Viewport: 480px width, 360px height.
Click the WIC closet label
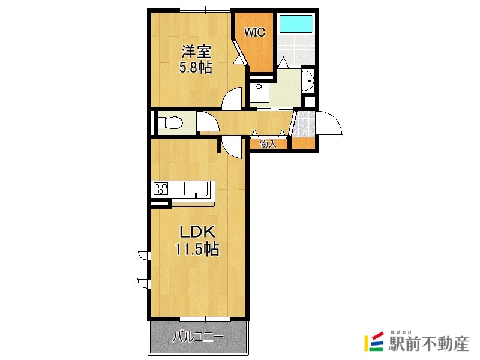pyautogui.click(x=254, y=32)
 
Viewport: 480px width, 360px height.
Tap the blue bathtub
pyautogui.click(x=296, y=23)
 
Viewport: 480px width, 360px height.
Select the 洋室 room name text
pyautogui.click(x=196, y=52)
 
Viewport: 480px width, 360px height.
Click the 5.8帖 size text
pyautogui.click(x=196, y=68)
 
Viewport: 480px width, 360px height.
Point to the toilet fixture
pyautogui.click(x=170, y=123)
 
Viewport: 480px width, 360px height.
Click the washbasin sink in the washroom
pyautogui.click(x=307, y=81)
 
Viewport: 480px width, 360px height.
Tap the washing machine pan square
pyautogui.click(x=259, y=93)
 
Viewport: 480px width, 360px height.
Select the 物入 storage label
pyautogui.click(x=268, y=143)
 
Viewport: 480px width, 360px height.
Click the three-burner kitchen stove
pyautogui.click(x=161, y=188)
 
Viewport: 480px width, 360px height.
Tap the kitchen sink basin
pyautogui.click(x=196, y=188)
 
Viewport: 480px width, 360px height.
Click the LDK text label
pyautogui.click(x=197, y=232)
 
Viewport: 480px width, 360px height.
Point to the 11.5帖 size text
pyautogui.click(x=197, y=249)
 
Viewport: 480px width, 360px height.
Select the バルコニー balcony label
pyautogui.click(x=198, y=337)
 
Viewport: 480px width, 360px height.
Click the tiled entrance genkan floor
pyautogui.click(x=303, y=124)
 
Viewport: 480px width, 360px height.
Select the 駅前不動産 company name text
pyautogui.click(x=428, y=343)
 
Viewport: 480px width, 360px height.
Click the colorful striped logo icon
pyautogui.click(x=374, y=341)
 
